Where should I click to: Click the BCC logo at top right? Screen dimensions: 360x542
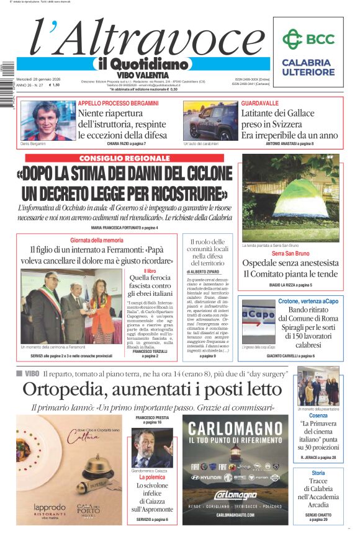click(312, 40)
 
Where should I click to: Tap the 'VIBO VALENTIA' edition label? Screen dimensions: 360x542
click(143, 75)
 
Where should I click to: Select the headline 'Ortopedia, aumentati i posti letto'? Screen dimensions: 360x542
click(152, 389)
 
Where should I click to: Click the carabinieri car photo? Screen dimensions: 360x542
click(210, 121)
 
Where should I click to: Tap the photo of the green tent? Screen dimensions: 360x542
click(290, 198)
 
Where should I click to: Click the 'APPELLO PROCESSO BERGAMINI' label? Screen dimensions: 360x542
click(118, 103)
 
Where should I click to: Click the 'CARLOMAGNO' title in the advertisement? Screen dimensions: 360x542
click(227, 429)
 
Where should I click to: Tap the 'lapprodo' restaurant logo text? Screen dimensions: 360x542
click(50, 507)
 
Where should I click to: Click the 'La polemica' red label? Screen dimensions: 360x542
click(151, 478)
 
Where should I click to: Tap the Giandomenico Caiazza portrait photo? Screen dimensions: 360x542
click(152, 448)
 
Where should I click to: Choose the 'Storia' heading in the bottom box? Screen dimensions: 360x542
click(318, 473)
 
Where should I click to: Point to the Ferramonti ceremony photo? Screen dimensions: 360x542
click(67, 306)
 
